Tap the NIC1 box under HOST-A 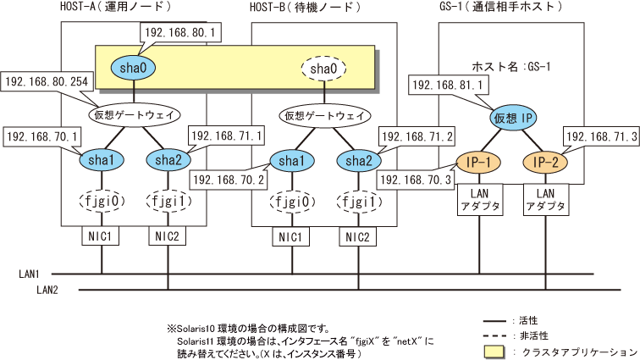coord(102,237)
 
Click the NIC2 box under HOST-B coord(356,237)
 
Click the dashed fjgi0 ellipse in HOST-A coord(102,202)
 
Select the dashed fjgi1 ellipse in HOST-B coord(356,202)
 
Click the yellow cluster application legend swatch coord(494,352)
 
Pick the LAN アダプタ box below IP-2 coord(544,202)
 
